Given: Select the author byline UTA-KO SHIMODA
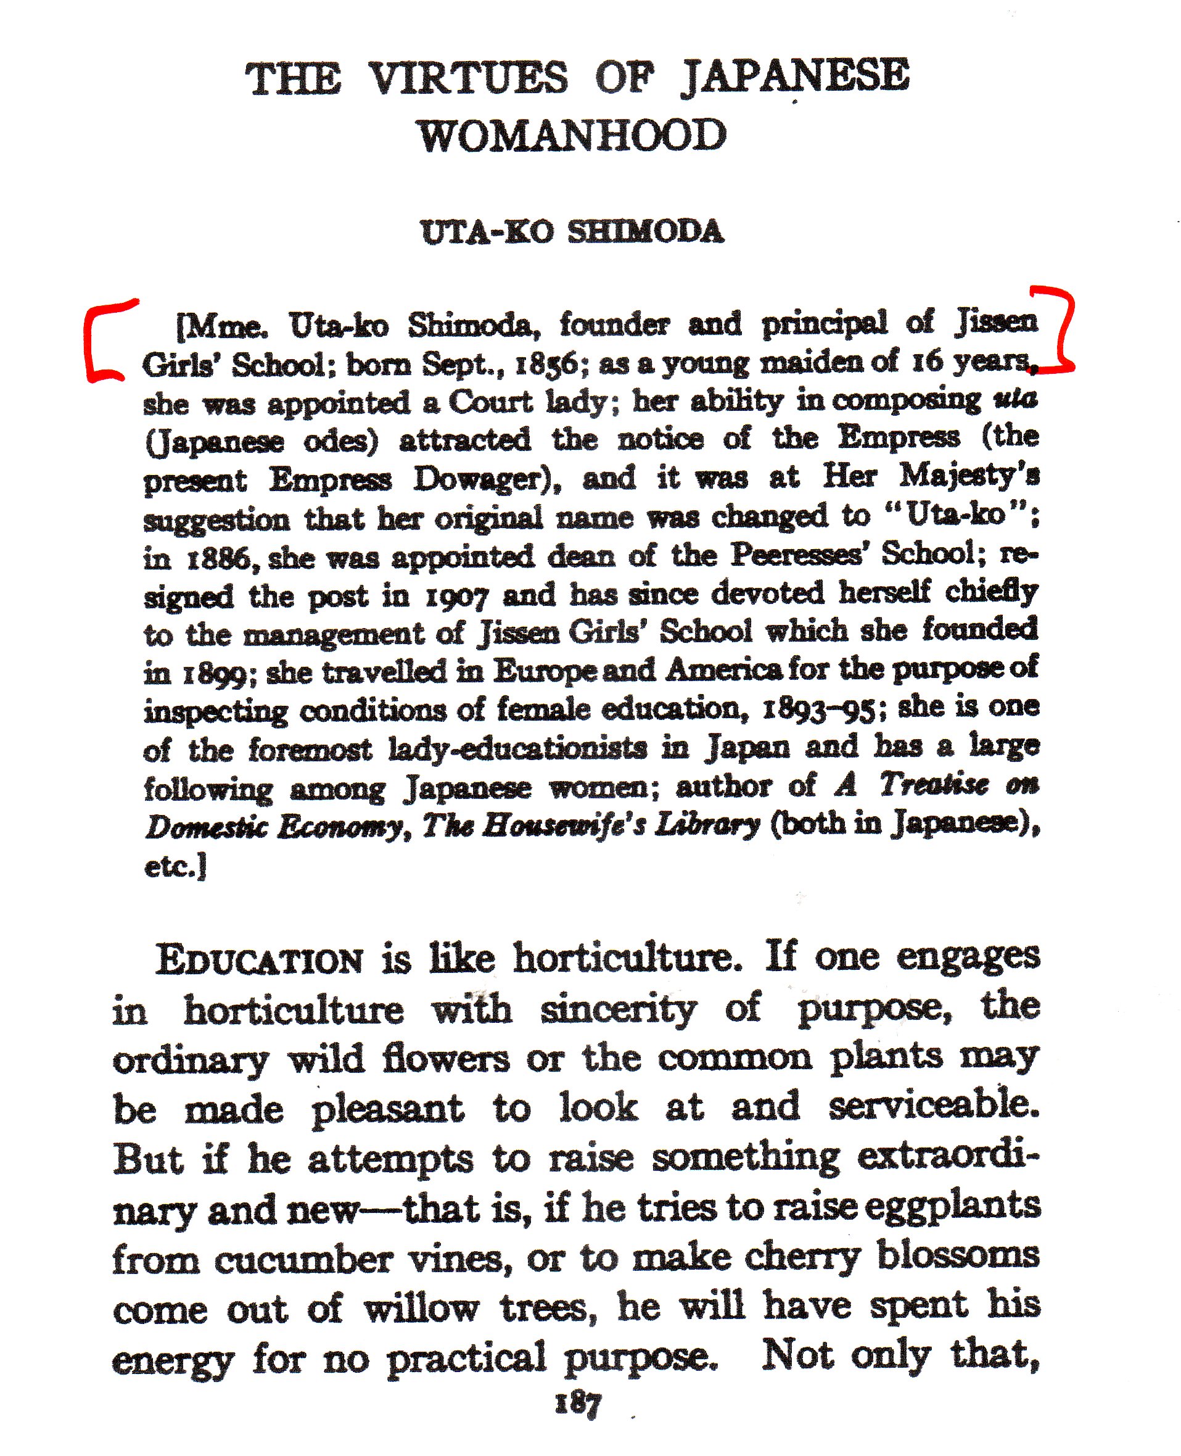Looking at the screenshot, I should click(572, 232).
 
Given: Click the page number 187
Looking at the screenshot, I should click(578, 1404).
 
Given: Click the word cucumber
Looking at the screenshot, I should click(303, 1259).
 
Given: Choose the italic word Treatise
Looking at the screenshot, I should click(933, 785).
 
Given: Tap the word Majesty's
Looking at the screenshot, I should click(969, 476).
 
